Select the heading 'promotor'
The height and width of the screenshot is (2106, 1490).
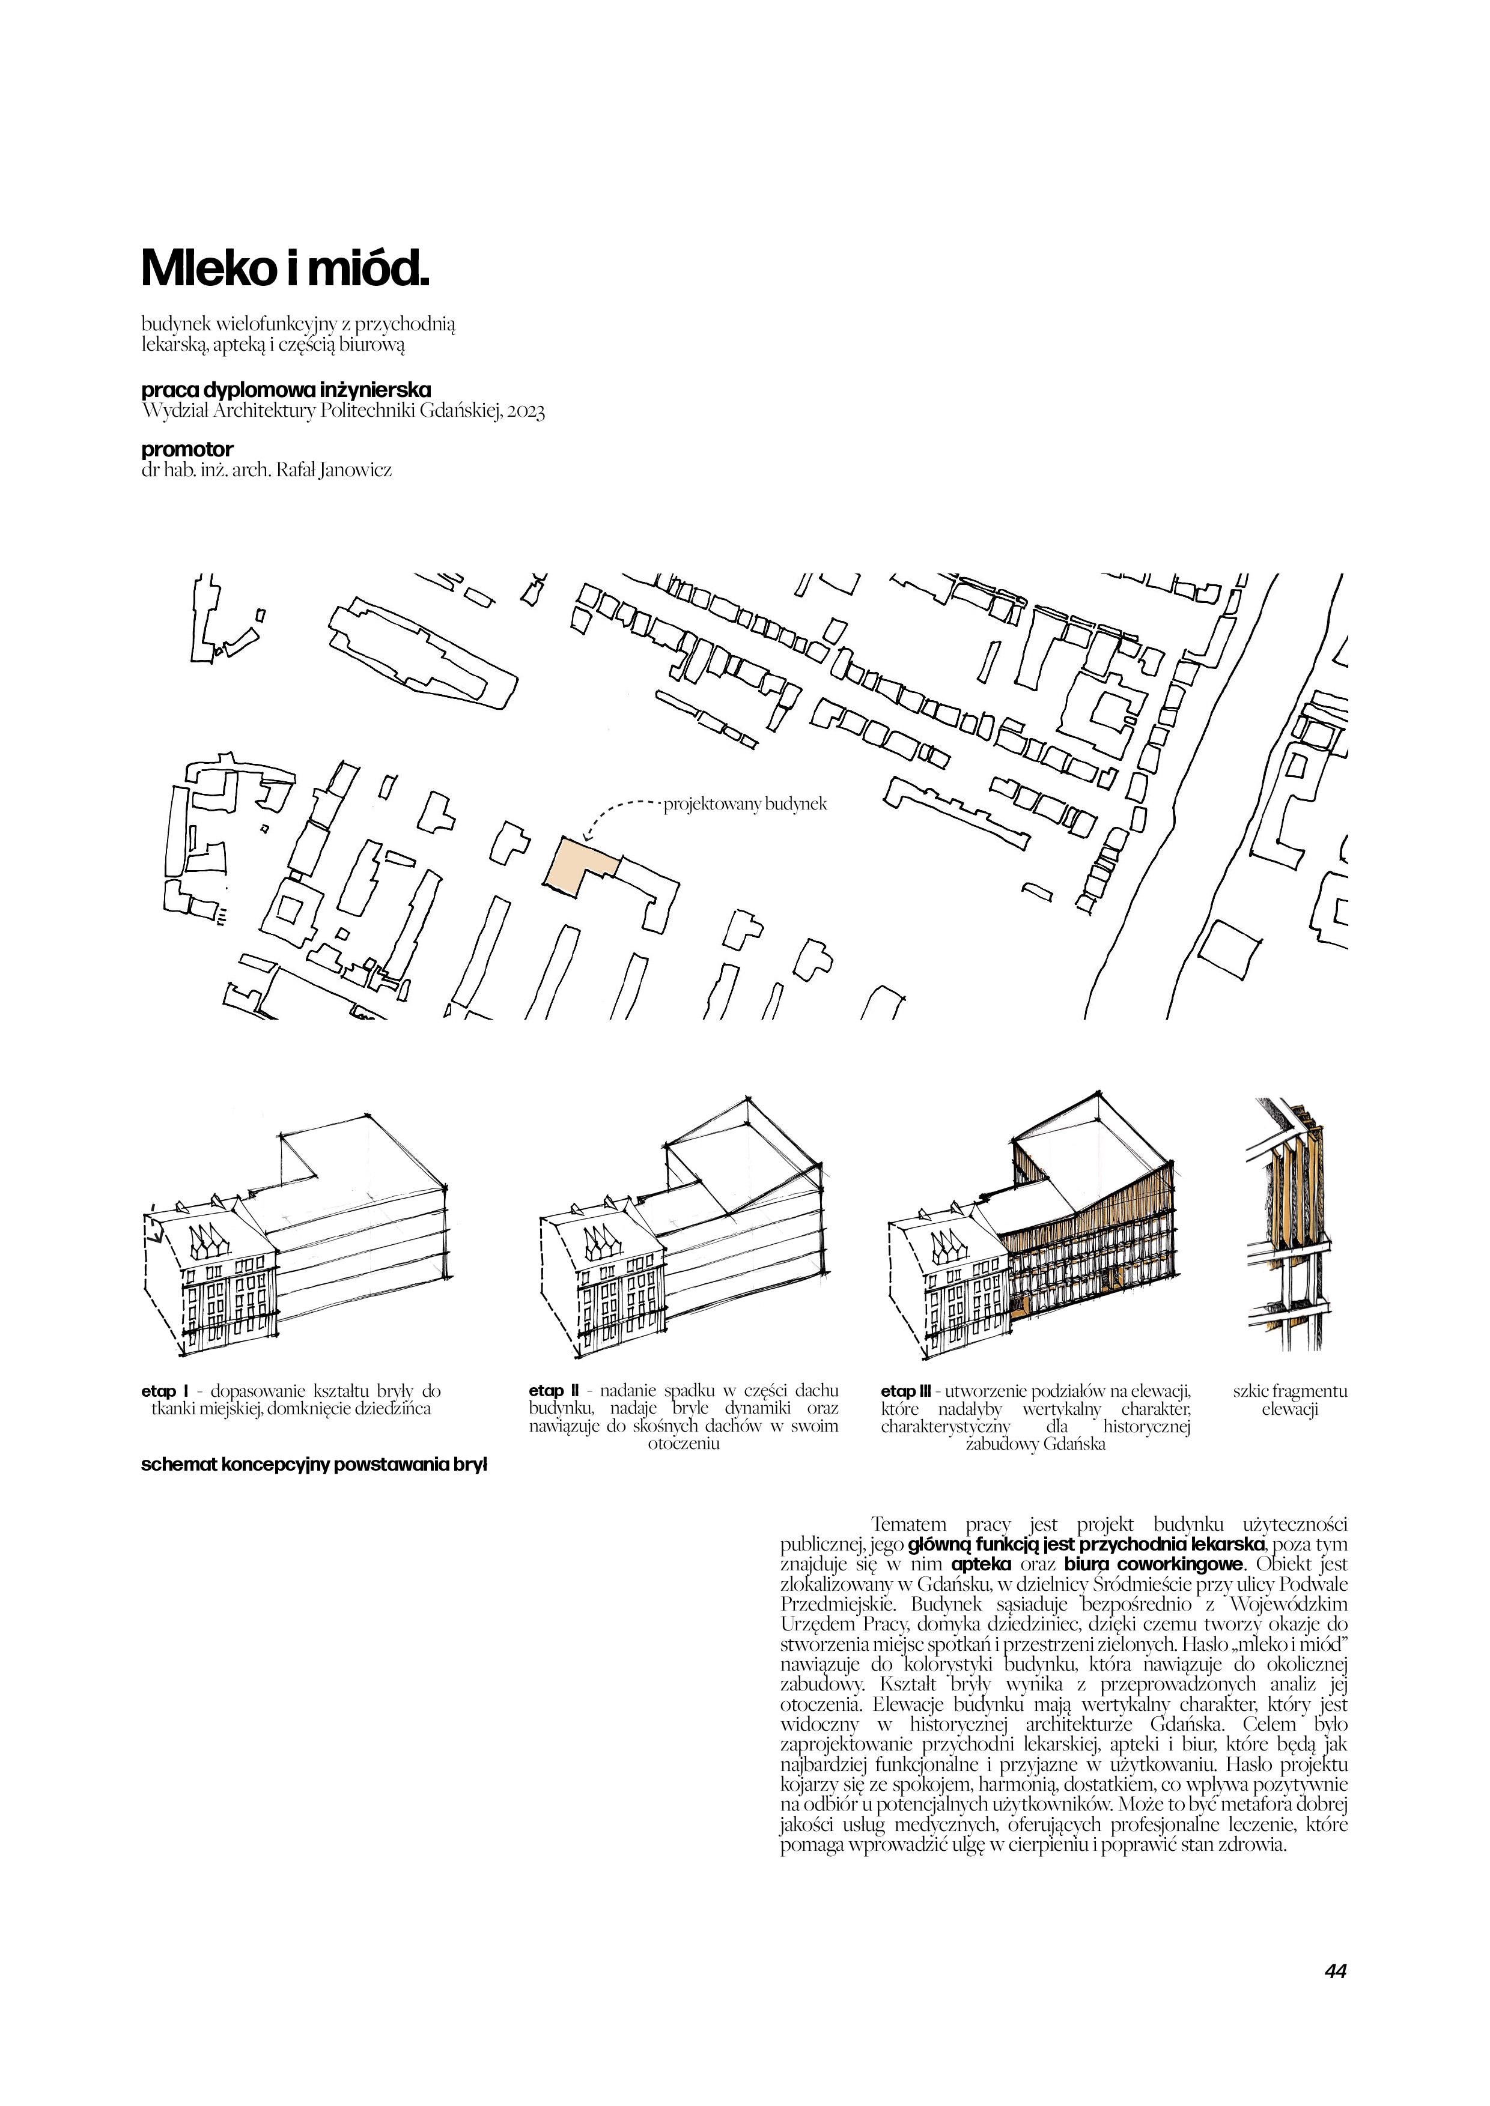pyautogui.click(x=187, y=449)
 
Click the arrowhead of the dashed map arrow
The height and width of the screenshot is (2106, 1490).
pyautogui.click(x=587, y=837)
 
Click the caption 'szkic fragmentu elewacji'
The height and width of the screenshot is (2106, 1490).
pyautogui.click(x=1289, y=1400)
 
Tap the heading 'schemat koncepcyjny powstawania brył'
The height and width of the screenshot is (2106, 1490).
pyautogui.click(x=314, y=1465)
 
